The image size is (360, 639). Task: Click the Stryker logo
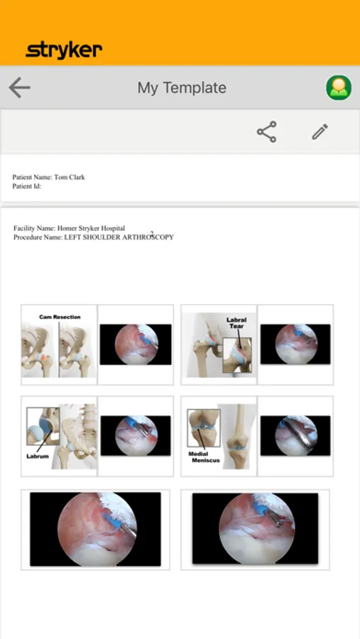point(64,50)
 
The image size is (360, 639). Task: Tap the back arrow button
point(19,87)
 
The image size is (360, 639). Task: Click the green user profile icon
point(339,87)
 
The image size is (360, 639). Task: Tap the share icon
point(267,131)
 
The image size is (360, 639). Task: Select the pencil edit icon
point(320,131)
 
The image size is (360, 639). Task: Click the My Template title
point(182,87)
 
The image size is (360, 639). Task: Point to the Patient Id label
point(27,186)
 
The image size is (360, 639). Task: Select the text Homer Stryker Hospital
point(91,228)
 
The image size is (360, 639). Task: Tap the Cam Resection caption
point(60,317)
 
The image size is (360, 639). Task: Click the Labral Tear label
point(236,323)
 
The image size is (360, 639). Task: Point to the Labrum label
point(38,457)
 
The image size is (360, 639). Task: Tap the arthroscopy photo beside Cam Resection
point(136,344)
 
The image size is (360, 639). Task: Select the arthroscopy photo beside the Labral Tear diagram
point(295,344)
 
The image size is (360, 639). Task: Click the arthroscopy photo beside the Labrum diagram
point(136,436)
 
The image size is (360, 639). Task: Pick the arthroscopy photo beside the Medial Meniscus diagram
point(295,436)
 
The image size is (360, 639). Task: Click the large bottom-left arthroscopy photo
point(95,529)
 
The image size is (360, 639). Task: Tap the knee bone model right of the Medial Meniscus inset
point(238,436)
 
